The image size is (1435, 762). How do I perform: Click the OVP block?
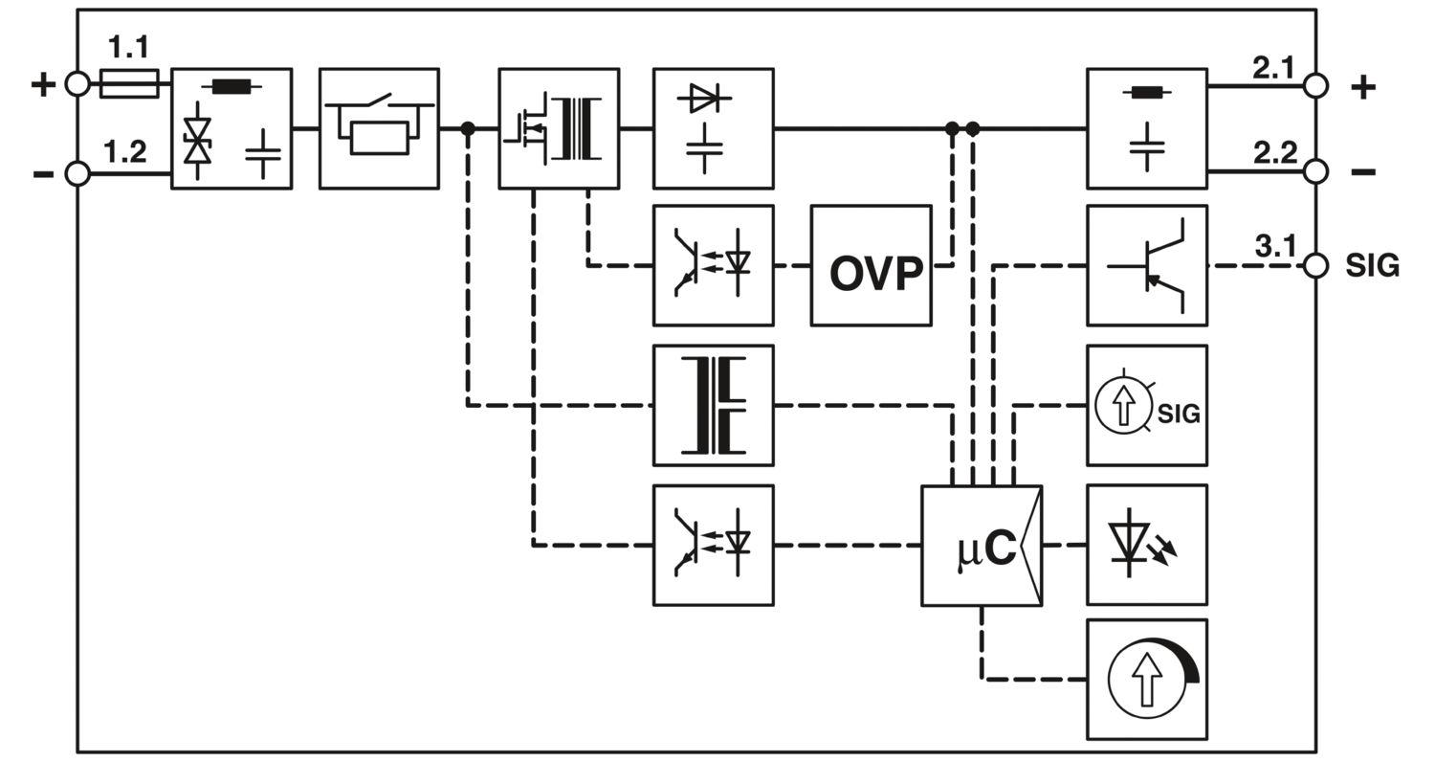871,265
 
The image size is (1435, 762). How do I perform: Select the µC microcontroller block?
981,546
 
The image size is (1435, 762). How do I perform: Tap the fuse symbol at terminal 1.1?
129,84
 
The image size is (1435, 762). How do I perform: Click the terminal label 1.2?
125,151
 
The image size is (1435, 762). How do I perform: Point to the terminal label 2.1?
1273,67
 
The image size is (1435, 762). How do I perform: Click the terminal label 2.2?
1274,152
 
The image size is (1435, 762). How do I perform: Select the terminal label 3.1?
1274,246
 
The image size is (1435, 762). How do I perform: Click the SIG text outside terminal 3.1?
1372,266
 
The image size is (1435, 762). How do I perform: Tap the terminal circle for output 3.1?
1315,266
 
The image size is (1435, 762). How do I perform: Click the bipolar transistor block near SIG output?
1146,265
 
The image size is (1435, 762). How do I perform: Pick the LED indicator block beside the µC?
1146,545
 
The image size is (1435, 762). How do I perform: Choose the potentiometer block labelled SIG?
1146,406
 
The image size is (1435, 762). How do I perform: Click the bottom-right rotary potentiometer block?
1146,680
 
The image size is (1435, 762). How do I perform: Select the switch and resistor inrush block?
379,128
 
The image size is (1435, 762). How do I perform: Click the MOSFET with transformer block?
559,128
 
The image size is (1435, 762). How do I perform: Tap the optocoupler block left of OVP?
713,265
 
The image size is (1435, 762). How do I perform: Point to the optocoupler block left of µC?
713,545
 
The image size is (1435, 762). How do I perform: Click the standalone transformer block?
713,406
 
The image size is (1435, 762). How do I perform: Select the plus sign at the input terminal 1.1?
43,84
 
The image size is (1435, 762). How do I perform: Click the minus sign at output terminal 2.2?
1363,172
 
